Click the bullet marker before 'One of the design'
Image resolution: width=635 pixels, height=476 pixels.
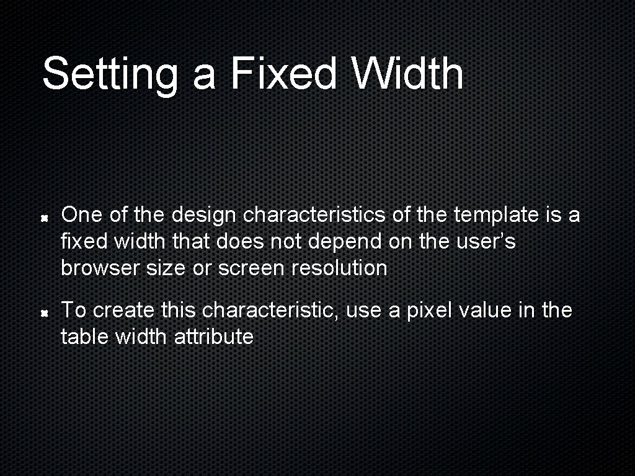45,219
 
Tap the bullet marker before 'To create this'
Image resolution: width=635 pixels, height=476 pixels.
45,314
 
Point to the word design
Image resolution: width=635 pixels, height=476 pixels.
203,216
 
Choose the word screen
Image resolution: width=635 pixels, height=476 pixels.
248,269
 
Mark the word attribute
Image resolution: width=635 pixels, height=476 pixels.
214,337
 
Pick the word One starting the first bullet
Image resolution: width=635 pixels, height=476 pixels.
78,215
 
